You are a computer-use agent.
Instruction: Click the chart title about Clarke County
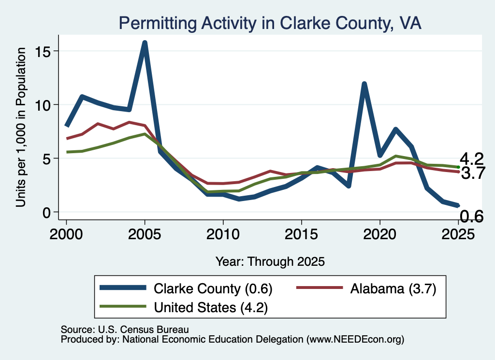tap(270, 23)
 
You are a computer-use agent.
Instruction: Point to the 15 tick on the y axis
tap(43, 51)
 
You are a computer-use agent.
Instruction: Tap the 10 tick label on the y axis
tap(43, 105)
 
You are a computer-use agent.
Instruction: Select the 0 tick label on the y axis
tap(47, 212)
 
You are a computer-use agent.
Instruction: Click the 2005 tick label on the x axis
tap(145, 234)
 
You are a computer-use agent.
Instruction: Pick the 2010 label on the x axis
tap(223, 234)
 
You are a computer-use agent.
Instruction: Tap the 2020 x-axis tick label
tap(380, 234)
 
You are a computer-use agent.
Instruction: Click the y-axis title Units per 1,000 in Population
tap(21, 127)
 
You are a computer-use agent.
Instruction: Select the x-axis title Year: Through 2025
tap(270, 261)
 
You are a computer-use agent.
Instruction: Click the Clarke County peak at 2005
tap(145, 43)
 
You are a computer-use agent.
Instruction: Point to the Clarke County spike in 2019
tap(364, 84)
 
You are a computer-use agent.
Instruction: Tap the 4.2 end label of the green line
tap(472, 158)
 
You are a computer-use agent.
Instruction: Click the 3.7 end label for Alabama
tap(473, 173)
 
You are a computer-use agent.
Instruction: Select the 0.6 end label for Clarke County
tap(472, 216)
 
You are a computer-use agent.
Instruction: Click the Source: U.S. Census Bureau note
tap(125, 330)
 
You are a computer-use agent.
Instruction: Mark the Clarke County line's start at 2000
tap(67, 126)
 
